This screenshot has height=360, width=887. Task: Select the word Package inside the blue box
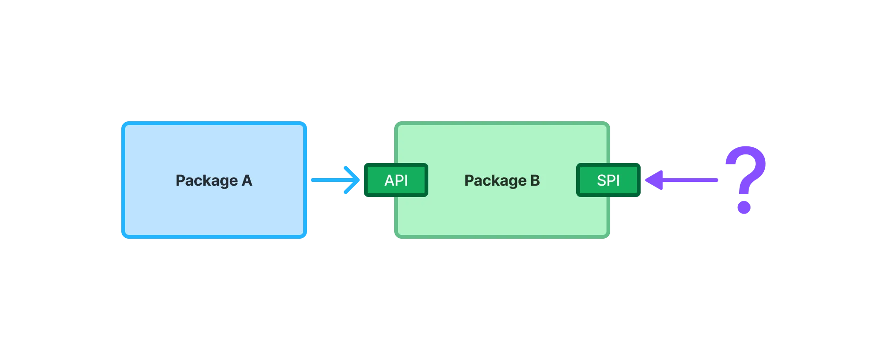(x=207, y=181)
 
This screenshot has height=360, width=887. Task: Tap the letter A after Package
(x=247, y=180)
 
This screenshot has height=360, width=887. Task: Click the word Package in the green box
(x=495, y=181)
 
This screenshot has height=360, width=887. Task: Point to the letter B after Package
(x=535, y=180)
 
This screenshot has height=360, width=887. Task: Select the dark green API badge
(x=396, y=180)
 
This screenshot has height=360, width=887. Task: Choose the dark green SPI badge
(x=608, y=180)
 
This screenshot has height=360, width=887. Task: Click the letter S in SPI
(x=602, y=180)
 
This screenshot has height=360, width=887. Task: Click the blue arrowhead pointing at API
(x=352, y=180)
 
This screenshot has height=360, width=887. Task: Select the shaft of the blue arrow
(x=327, y=180)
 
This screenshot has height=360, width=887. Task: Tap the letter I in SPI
(x=618, y=180)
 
